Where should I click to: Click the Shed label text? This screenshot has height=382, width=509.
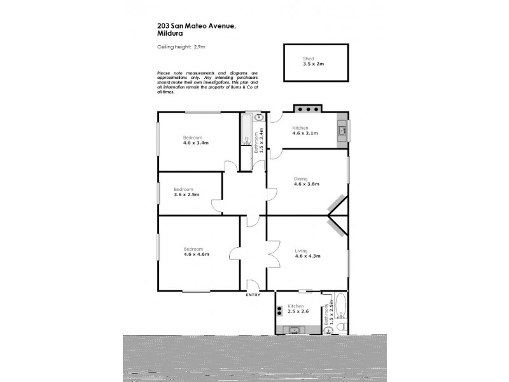tap(309, 59)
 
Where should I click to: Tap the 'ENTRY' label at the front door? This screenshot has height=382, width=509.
tap(253, 295)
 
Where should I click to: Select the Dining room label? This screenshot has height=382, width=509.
tap(300, 178)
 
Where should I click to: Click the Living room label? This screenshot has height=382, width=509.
tap(301, 250)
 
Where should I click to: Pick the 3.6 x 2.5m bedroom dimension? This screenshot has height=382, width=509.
tap(186, 195)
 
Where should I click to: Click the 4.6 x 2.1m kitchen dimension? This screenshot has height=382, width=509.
tap(305, 133)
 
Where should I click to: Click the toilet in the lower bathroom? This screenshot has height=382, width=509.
tap(341, 327)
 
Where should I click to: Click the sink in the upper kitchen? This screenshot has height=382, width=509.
tap(342, 131)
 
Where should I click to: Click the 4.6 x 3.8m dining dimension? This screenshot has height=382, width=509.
tap(306, 184)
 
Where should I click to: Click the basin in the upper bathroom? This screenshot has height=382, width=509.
tap(258, 118)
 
